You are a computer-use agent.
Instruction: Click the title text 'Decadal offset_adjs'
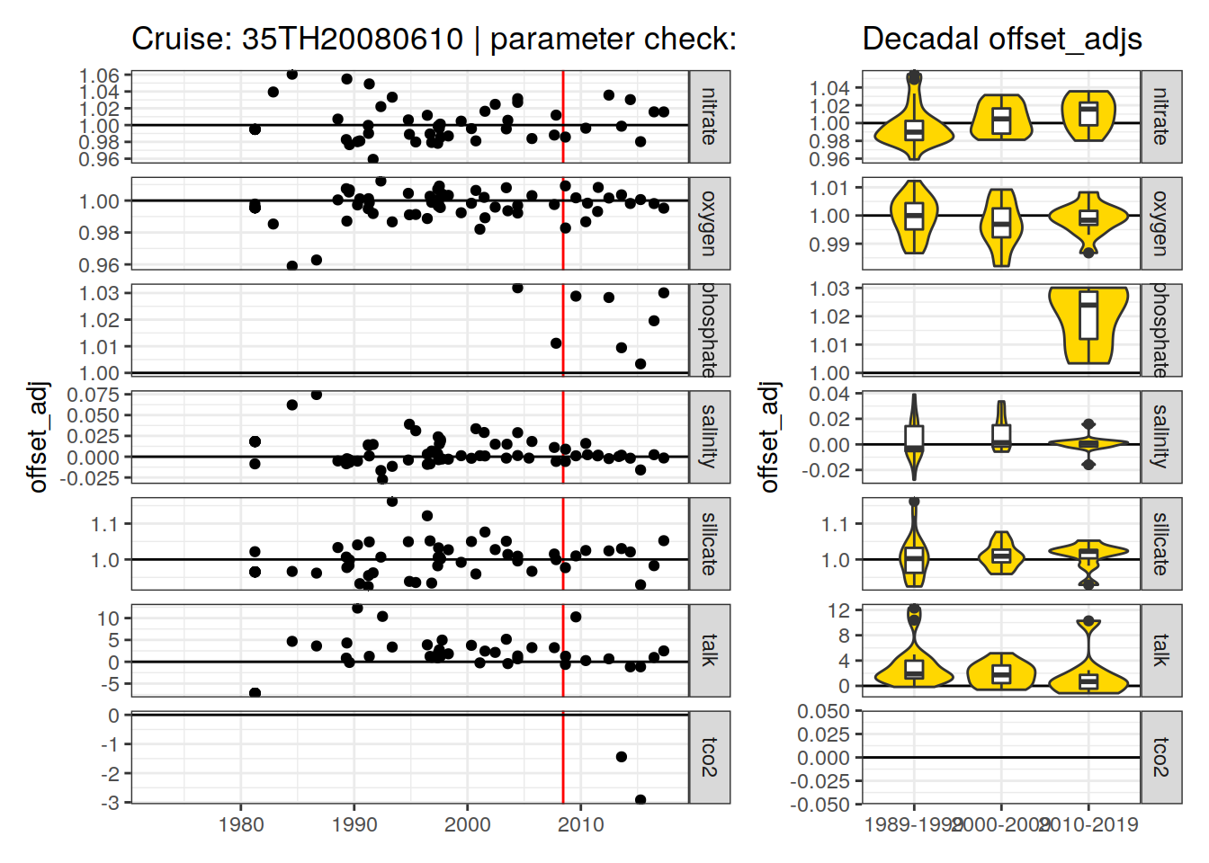click(1001, 39)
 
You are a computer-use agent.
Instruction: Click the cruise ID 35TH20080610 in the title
click(352, 39)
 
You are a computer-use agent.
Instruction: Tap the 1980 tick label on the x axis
click(241, 824)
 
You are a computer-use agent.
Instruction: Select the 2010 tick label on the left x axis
click(581, 824)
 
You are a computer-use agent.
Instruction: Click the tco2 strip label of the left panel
click(709, 757)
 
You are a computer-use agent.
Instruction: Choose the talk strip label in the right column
click(1160, 649)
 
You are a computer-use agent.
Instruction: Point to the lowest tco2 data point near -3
click(640, 799)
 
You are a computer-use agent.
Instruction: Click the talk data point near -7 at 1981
click(255, 693)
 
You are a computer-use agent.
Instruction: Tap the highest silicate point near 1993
click(392, 502)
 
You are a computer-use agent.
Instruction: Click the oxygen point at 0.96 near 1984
click(292, 266)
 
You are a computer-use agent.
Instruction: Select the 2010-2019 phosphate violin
click(1088, 325)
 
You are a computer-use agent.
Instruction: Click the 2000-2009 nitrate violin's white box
click(1001, 120)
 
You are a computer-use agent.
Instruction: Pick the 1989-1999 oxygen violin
click(914, 217)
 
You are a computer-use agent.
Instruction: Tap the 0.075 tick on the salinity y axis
click(94, 395)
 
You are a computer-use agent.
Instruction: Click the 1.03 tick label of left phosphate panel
click(100, 293)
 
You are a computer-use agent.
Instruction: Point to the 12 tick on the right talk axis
click(838, 610)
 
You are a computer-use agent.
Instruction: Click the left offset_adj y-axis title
click(38, 437)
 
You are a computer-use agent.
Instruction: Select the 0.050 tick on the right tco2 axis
click(823, 711)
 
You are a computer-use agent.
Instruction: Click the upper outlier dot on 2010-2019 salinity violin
click(1088, 424)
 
